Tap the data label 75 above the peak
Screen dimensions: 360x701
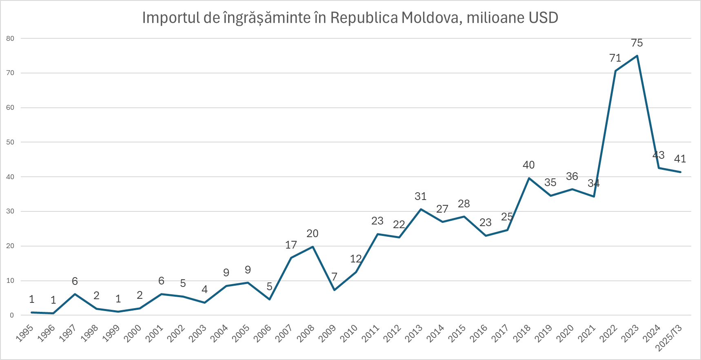coord(637,43)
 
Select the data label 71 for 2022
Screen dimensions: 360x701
coord(615,58)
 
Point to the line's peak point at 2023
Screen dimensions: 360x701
coord(637,56)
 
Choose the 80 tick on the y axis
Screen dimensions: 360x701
coord(10,38)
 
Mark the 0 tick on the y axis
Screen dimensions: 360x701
coord(12,315)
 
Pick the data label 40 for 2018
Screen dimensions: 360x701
coord(529,165)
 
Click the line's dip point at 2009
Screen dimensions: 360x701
coord(334,290)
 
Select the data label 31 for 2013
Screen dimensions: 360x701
coord(421,196)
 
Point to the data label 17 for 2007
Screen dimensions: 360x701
coord(291,245)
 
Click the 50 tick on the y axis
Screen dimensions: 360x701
coord(10,142)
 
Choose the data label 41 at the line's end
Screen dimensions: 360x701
coord(680,159)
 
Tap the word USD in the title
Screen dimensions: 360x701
coord(543,18)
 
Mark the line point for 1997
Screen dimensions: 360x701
coord(75,294)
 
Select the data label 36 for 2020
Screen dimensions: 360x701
coord(572,176)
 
